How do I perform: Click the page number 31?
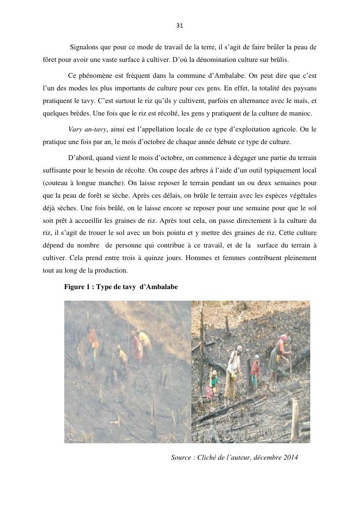coord(180,25)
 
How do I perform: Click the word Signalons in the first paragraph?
coord(85,47)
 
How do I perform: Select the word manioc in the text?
coord(301,114)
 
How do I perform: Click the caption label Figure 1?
coord(78,287)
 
